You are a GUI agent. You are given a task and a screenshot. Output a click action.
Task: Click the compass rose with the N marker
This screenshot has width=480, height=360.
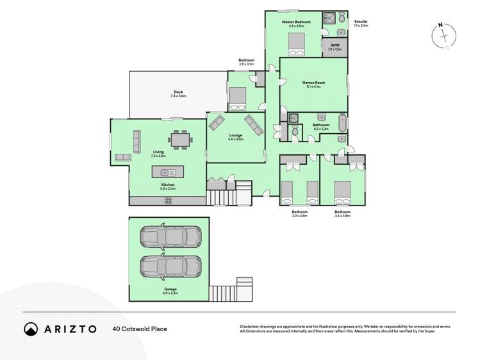click(443, 36)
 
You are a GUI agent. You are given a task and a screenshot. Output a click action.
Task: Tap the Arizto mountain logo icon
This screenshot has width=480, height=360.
click(31, 329)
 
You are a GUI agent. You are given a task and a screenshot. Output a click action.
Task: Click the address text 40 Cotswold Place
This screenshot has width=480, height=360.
click(140, 329)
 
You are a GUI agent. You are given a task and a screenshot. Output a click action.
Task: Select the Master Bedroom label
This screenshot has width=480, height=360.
click(296, 22)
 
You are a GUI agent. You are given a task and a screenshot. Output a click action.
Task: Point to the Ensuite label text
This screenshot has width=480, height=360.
click(361, 22)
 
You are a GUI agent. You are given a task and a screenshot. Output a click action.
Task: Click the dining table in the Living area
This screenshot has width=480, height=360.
click(180, 139)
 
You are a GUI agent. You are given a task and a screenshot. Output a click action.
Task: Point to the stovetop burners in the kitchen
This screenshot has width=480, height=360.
click(169, 200)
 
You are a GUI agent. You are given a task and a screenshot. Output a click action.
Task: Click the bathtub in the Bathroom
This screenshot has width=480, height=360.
click(342, 122)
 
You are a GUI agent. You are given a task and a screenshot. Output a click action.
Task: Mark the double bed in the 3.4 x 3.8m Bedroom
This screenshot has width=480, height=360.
click(342, 190)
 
